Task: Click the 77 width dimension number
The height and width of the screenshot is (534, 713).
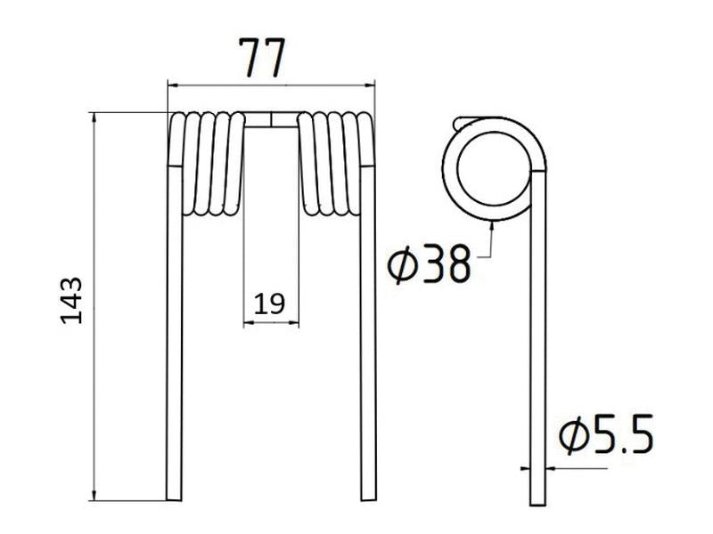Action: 260,60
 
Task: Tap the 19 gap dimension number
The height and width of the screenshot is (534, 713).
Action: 269,304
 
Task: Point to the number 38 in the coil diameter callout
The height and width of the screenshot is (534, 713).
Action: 446,263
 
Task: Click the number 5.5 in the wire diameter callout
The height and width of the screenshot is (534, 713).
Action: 622,436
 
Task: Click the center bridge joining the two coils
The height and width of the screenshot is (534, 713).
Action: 270,119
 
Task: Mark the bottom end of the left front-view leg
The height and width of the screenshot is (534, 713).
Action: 175,498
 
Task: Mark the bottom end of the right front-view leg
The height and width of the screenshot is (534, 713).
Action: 367,498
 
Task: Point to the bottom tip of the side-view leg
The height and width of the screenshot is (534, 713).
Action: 537,502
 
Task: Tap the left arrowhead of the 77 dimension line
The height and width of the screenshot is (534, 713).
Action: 171,85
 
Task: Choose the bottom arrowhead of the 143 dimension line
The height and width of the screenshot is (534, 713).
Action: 93,496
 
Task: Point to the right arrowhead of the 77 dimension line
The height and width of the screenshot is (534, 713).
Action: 371,85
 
